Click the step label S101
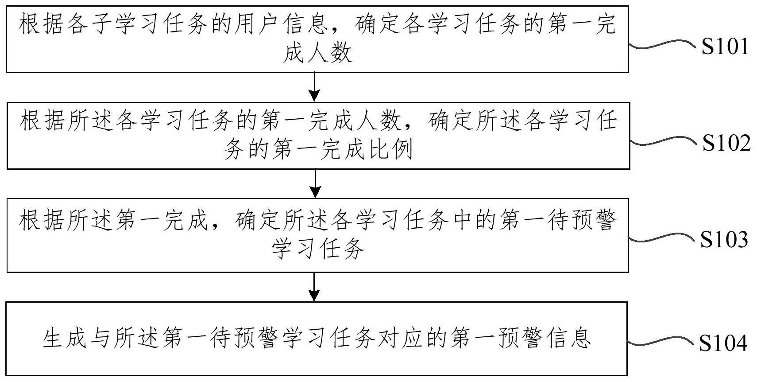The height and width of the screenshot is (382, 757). click(x=725, y=46)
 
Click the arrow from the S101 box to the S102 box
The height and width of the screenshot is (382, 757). click(x=315, y=87)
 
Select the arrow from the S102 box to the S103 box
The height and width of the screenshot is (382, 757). click(x=315, y=184)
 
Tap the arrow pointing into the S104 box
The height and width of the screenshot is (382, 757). click(x=314, y=287)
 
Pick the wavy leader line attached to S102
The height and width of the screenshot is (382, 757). click(x=664, y=141)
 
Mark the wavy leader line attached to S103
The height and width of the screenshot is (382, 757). click(x=662, y=238)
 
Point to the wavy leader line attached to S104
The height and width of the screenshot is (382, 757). click(x=660, y=341)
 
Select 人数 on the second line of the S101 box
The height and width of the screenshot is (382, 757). click(x=330, y=53)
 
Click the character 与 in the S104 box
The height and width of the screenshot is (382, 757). click(x=101, y=338)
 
